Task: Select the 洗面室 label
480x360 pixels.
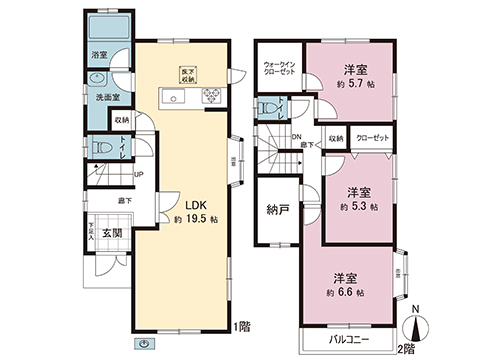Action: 107,99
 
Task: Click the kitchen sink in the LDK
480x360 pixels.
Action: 171,97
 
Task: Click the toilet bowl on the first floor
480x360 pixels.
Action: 99,148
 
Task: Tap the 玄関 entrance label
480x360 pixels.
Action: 111,233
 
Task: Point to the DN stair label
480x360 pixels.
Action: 296,138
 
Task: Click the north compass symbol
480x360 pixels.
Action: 417,322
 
